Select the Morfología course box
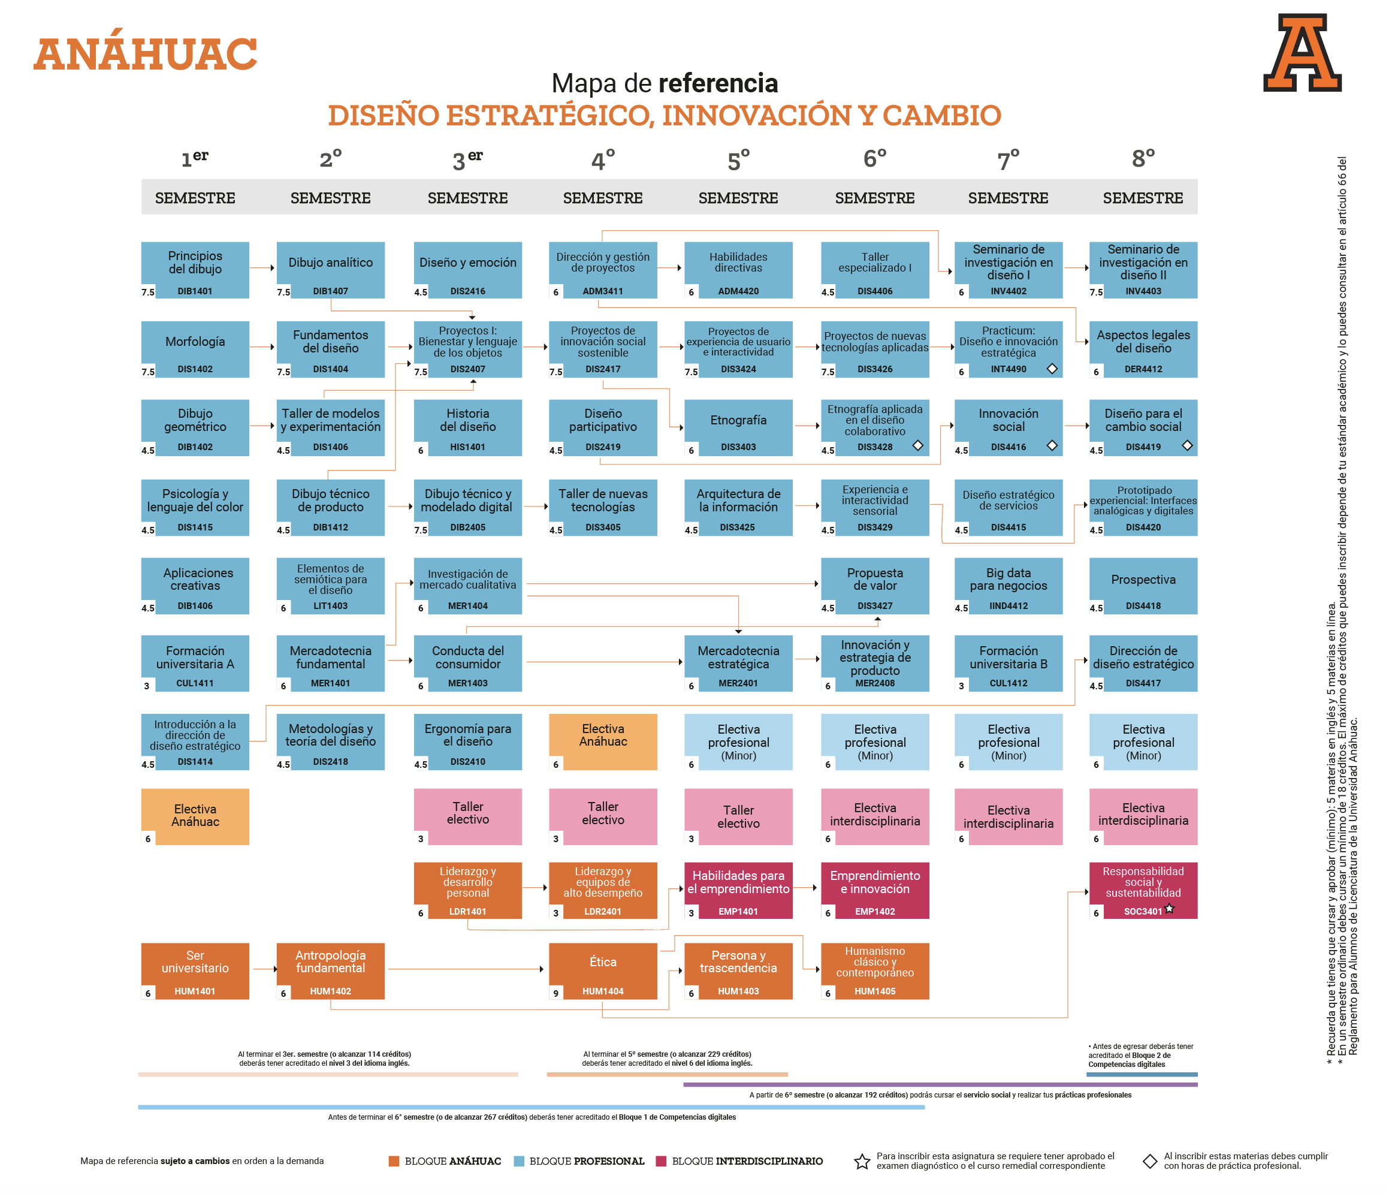[195, 349]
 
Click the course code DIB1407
[331, 291]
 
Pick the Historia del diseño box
[468, 428]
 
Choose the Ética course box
[603, 971]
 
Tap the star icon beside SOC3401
[1169, 909]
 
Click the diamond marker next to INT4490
[1052, 369]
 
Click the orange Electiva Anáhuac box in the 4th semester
[603, 741]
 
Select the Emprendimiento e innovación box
[875, 890]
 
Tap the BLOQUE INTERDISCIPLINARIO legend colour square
[661, 1161]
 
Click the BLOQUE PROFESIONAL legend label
[587, 1161]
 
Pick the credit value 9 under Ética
[555, 993]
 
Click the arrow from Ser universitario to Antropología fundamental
[264, 969]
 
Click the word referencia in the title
[718, 83]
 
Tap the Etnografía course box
[738, 428]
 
